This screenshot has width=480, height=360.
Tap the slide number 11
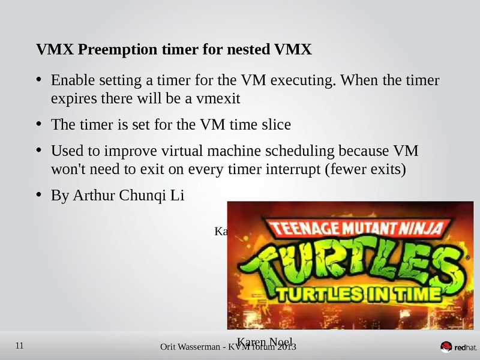coord(19,346)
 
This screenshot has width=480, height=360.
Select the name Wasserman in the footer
coord(206,348)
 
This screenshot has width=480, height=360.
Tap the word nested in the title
coord(241,49)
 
